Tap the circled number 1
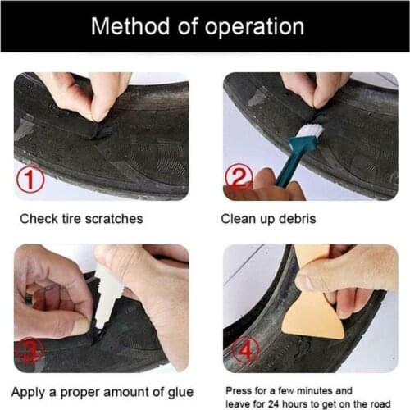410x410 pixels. click(x=31, y=180)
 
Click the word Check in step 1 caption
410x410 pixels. click(x=38, y=219)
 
